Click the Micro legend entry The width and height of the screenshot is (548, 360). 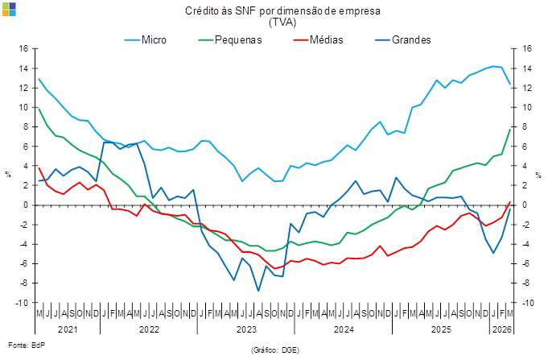pos(153,39)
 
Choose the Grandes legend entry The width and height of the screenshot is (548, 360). pos(411,39)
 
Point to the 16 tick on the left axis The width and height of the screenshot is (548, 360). pos(23,48)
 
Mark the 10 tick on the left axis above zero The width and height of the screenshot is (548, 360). pos(23,107)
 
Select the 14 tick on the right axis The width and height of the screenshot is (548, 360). pos(527,68)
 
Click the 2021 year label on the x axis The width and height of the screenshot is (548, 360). pos(68,329)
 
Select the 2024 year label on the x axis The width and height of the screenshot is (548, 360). pos(343,329)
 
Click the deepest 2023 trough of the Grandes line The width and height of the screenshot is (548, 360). pos(258,290)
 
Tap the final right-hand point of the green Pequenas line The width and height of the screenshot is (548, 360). pos(510,129)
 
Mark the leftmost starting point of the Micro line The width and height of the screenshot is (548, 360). pos(39,79)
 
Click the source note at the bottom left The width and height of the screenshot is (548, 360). pos(16,346)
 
